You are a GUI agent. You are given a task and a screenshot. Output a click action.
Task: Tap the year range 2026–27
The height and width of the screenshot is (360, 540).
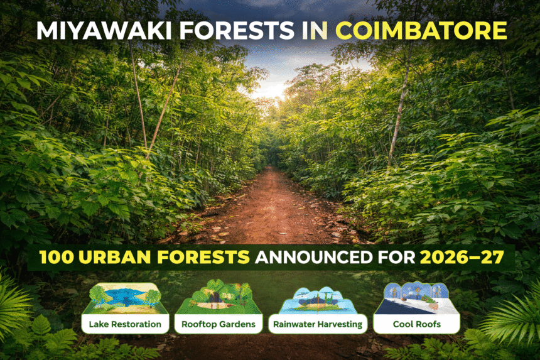(463, 258)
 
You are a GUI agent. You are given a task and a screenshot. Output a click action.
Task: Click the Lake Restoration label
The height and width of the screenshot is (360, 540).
(125, 324)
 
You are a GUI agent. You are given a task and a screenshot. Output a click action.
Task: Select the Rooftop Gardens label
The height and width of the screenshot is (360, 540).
(218, 324)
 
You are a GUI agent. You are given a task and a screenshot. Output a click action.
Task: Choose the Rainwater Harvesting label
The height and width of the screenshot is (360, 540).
(317, 324)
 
